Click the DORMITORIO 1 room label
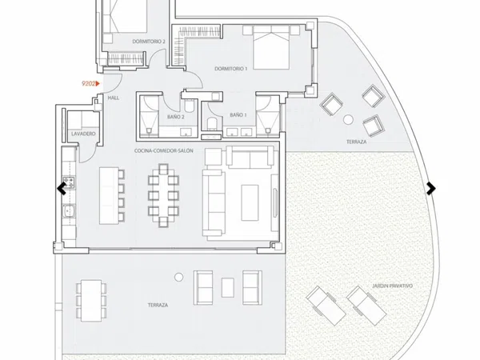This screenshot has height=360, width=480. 231,69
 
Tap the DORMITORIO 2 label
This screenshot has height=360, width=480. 149,42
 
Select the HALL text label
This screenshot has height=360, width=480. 114,98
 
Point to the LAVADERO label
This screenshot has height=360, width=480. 83,134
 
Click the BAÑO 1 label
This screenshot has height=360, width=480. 238,115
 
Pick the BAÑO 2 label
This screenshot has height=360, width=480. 176,117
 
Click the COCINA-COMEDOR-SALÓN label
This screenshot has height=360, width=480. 164,150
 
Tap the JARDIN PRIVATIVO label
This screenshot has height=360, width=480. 393,286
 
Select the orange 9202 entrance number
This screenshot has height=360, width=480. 90,83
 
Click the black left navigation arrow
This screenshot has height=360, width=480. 62,188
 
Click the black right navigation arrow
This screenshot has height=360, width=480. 430,188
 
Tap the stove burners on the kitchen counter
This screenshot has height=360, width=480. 69,182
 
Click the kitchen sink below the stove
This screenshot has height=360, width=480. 69,211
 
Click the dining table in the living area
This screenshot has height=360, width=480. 163,196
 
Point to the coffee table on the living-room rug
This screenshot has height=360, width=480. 250,202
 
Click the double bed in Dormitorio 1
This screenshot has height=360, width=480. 271,47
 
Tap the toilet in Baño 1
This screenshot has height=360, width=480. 212,124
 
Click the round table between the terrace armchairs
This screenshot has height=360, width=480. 348,119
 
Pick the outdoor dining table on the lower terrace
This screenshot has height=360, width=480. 91,300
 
